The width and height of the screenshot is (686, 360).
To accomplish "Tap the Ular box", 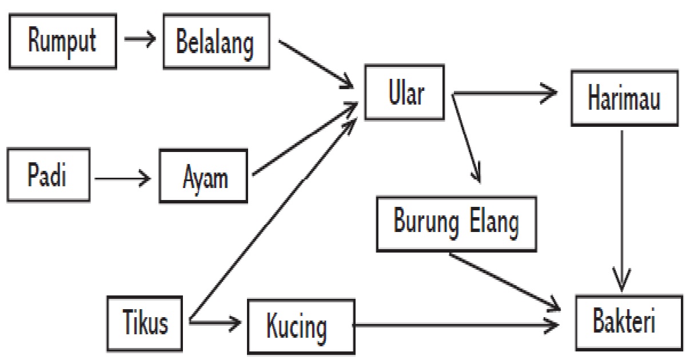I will [x=405, y=94].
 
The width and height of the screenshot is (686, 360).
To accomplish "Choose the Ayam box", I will [x=204, y=177].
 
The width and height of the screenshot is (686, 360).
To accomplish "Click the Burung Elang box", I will [x=456, y=223].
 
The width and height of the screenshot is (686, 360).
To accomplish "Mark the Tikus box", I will [x=146, y=323].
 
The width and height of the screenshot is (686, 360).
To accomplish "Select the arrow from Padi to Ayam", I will [x=123, y=179].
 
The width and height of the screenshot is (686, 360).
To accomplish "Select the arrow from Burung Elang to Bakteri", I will [x=506, y=280].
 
